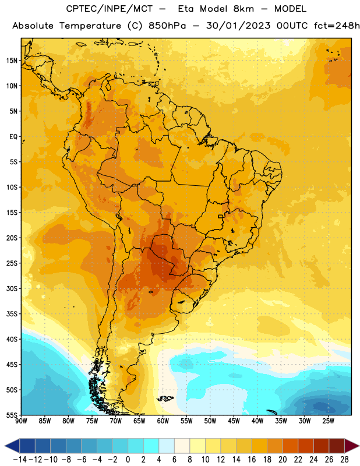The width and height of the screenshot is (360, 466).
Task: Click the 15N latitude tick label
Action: pyautogui.click(x=12, y=61)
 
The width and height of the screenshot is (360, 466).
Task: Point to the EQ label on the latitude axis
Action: pyautogui.click(x=13, y=137)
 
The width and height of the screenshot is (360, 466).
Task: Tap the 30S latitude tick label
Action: pyautogui.click(x=12, y=288)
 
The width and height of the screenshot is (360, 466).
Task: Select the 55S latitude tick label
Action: pyautogui.click(x=12, y=415)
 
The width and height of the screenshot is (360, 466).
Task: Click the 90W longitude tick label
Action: pyautogui.click(x=21, y=421)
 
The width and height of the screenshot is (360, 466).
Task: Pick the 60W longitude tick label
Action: pyautogui.click(x=163, y=421)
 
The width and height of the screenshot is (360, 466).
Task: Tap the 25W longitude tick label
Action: pyautogui.click(x=328, y=421)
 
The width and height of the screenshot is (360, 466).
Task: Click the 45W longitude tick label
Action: pyautogui.click(x=234, y=421)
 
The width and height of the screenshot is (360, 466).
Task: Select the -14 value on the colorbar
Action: pyautogui.click(x=20, y=460)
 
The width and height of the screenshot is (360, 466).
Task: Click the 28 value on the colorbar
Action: pyautogui.click(x=344, y=460)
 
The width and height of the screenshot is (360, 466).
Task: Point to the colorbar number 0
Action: pyautogui.click(x=128, y=460)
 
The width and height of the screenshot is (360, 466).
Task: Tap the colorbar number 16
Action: pyautogui.click(x=252, y=460)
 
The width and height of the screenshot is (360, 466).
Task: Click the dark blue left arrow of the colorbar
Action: pyautogui.click(x=12, y=446)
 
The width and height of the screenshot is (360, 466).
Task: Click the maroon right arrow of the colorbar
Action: pyautogui.click(x=352, y=446)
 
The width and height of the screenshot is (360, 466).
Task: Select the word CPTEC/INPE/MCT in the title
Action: pyautogui.click(x=109, y=9)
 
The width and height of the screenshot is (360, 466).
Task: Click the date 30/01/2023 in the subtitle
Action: pyautogui.click(x=238, y=26)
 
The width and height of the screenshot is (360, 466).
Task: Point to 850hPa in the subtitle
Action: pyautogui.click(x=167, y=26)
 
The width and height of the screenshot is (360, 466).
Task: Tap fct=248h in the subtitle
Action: pyautogui.click(x=337, y=26)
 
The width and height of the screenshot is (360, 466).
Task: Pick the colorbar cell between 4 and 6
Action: pyautogui.click(x=167, y=446)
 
